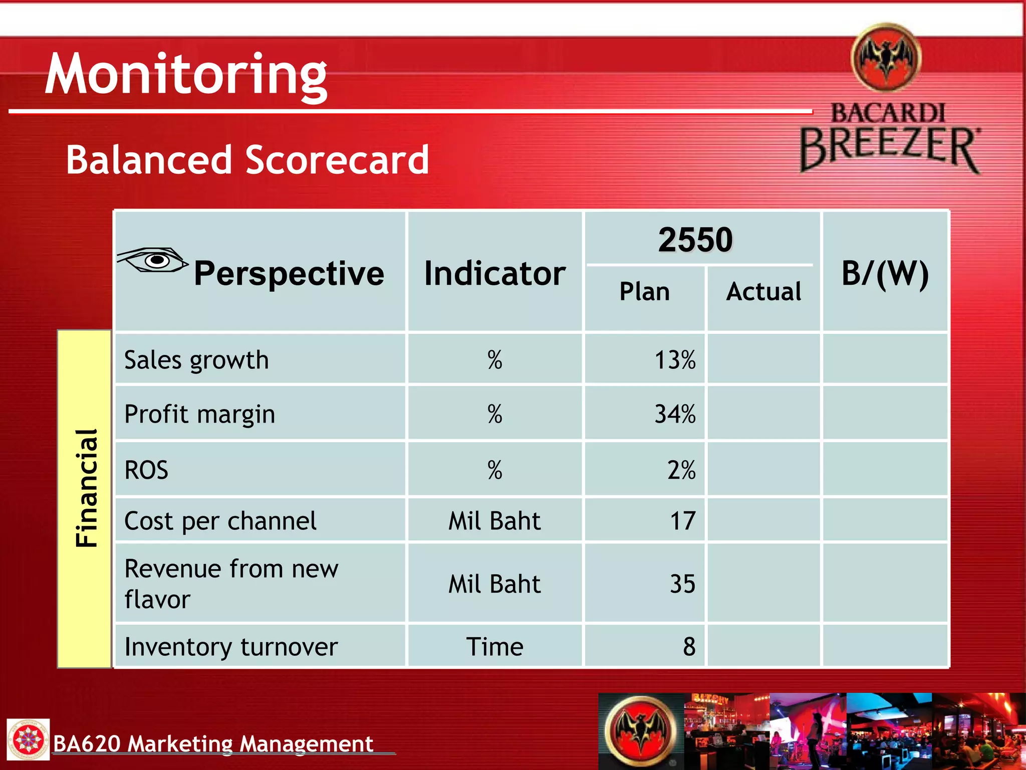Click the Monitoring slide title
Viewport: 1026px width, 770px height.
(x=186, y=74)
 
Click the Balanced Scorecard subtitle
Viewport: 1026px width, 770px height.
(x=247, y=160)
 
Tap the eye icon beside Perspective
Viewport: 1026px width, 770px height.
(x=153, y=260)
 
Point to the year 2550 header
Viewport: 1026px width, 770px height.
(x=695, y=240)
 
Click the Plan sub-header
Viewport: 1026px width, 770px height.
(x=644, y=291)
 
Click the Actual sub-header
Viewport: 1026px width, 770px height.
(x=763, y=291)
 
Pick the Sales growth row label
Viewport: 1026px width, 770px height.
(x=196, y=360)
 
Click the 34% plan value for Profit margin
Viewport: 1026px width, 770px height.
(x=675, y=414)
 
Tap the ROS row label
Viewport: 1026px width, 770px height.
(x=146, y=470)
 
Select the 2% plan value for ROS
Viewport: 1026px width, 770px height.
(x=681, y=470)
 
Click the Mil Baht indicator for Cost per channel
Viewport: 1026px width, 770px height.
(x=494, y=521)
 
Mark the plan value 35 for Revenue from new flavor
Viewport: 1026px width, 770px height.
(x=683, y=584)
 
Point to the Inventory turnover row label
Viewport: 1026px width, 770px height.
(x=231, y=647)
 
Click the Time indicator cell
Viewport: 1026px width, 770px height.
(x=494, y=647)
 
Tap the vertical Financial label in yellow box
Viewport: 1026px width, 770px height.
(x=86, y=488)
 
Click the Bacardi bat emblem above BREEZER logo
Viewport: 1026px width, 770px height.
(x=886, y=58)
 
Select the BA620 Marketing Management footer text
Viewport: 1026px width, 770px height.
(x=213, y=743)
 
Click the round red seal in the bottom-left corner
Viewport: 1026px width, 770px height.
(x=28, y=739)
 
